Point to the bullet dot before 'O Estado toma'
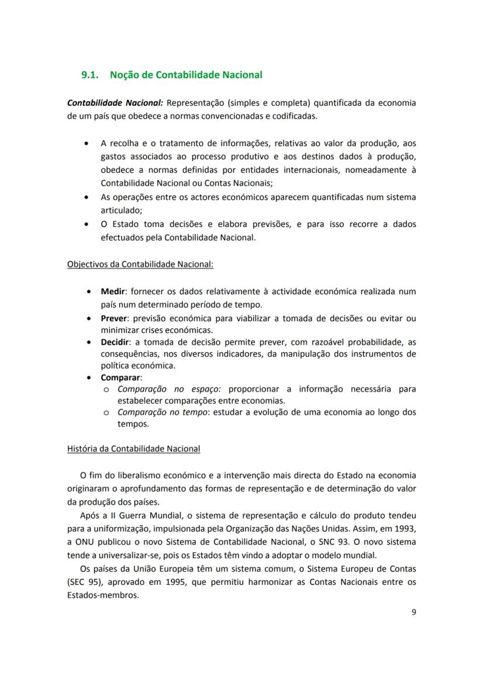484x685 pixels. tap(87, 225)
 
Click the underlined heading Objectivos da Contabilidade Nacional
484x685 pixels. tap(140, 264)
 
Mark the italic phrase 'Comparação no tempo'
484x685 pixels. tap(162, 412)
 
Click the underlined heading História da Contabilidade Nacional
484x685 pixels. tap(134, 449)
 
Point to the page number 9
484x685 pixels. tap(413, 612)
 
